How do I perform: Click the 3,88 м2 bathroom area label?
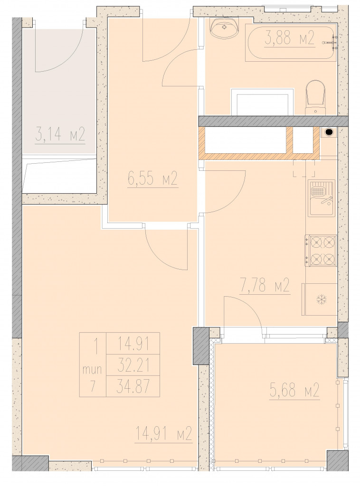(x=290, y=39)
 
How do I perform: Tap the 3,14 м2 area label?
(x=60, y=136)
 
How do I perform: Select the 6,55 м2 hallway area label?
(x=152, y=178)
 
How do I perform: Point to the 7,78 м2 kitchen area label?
(x=265, y=285)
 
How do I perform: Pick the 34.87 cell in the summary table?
(x=133, y=386)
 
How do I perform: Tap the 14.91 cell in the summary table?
(x=133, y=345)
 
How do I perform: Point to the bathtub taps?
(x=330, y=42)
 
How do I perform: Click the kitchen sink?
(x=322, y=198)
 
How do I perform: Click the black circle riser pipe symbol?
(x=328, y=132)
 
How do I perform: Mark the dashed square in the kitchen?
(x=304, y=168)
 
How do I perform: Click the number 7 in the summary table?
(x=93, y=386)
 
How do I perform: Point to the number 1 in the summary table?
(x=96, y=345)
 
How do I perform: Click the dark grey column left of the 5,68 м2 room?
(x=201, y=346)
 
